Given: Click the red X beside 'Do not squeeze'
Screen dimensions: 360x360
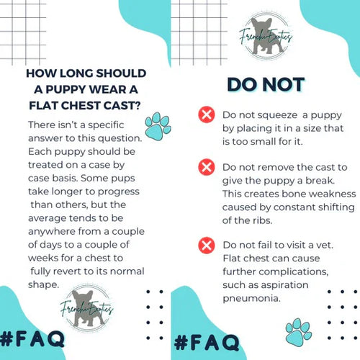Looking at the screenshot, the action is pos(207,114).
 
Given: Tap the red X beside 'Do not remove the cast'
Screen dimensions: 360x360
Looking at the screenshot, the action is pos(207,167).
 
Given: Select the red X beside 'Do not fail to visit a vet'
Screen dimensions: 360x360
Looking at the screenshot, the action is pos(207,246).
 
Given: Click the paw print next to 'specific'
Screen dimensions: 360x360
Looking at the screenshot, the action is pos(158,126).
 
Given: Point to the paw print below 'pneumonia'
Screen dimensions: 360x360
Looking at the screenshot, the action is pos(298,333).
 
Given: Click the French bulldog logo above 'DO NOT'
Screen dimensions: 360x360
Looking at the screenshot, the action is pos(266,36).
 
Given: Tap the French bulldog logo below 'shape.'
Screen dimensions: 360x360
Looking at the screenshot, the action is pos(87,308).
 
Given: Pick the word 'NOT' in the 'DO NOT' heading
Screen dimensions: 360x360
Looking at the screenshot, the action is pos(284,85).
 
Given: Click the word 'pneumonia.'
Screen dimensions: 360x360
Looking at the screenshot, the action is pos(251,299).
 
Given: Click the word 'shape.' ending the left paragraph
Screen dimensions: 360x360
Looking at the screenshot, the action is pos(43,285).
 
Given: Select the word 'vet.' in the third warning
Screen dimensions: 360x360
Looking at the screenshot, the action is pos(325,245).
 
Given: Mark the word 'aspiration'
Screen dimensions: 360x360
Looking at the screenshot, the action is pos(284,285).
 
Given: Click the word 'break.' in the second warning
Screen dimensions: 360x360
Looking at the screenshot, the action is pos(320,181).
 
